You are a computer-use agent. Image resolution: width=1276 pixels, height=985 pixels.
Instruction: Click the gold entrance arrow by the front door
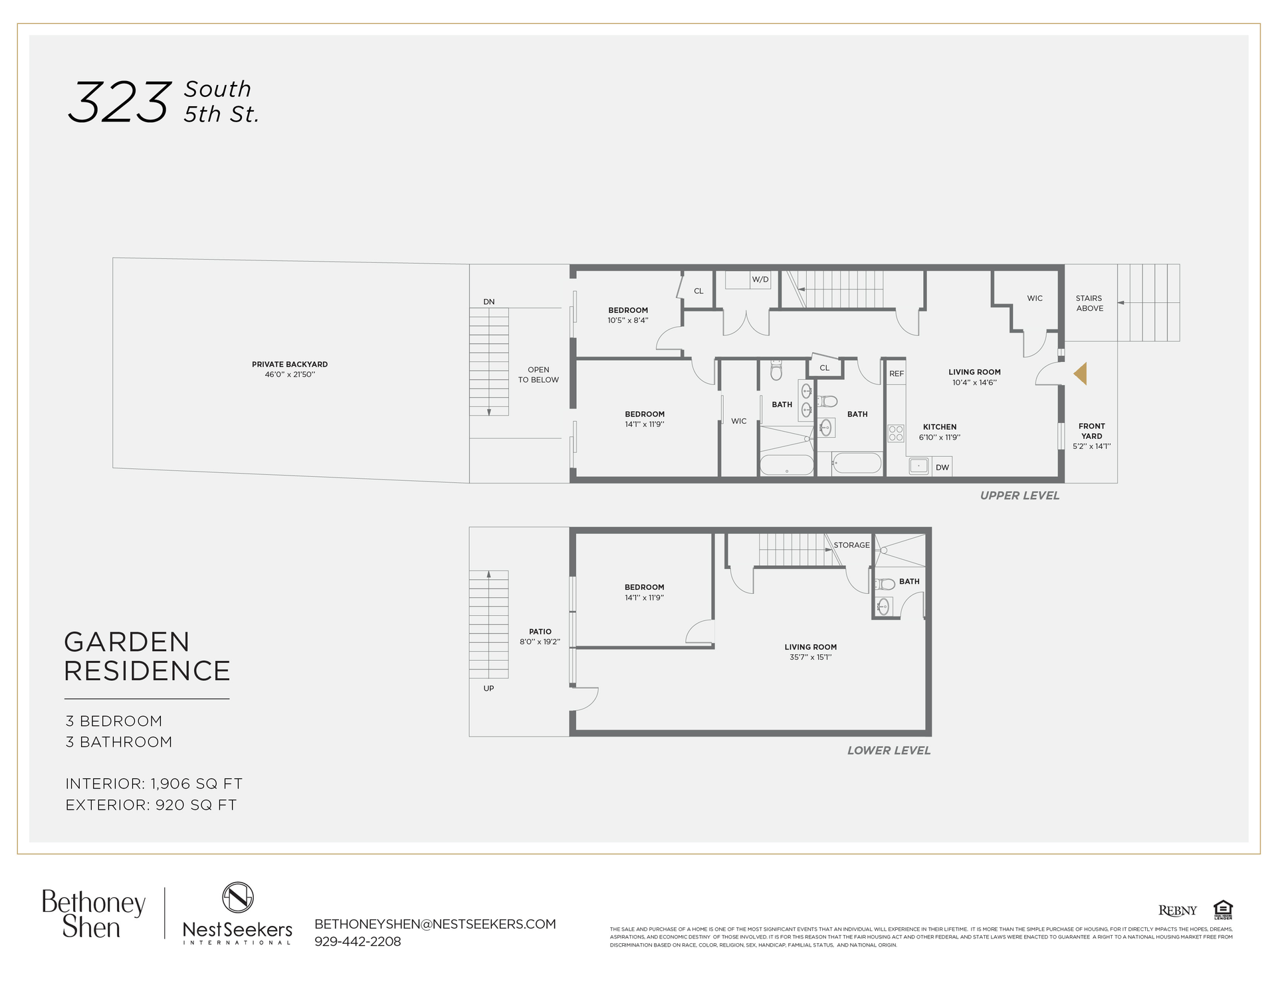pyautogui.click(x=1080, y=373)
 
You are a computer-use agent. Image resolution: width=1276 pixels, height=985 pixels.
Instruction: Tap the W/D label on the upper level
pyautogui.click(x=760, y=280)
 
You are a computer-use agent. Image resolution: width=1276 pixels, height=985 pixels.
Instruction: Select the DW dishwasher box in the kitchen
pyautogui.click(x=942, y=468)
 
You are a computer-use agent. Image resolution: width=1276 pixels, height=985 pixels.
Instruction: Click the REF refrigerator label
pyautogui.click(x=897, y=374)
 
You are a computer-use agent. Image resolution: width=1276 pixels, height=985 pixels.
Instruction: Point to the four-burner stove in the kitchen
pyautogui.click(x=896, y=433)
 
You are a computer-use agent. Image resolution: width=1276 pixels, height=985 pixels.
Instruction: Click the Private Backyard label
pyautogui.click(x=289, y=364)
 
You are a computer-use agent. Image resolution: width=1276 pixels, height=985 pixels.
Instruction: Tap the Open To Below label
pyautogui.click(x=538, y=375)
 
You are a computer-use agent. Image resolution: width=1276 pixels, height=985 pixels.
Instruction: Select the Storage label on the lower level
pyautogui.click(x=851, y=545)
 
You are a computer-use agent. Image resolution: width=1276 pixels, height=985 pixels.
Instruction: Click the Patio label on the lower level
pyautogui.click(x=540, y=632)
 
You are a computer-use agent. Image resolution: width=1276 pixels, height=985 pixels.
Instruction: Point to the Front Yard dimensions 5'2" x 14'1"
pyautogui.click(x=1091, y=446)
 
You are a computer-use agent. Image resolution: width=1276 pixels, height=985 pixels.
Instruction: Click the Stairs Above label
pyautogui.click(x=1089, y=304)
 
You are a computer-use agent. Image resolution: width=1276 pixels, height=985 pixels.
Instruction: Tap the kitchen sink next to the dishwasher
pyautogui.click(x=918, y=466)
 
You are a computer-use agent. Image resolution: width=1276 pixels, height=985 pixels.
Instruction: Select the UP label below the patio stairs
pyautogui.click(x=488, y=688)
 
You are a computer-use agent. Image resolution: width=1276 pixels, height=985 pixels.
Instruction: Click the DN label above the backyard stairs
pyautogui.click(x=488, y=302)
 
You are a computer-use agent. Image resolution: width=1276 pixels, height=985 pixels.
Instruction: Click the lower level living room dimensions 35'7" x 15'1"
pyautogui.click(x=810, y=658)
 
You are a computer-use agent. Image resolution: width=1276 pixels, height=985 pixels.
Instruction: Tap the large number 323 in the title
pyautogui.click(x=120, y=102)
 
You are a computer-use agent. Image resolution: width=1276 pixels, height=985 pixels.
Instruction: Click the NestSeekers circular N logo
pyautogui.click(x=237, y=897)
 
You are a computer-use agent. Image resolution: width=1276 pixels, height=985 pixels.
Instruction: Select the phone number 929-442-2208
pyautogui.click(x=358, y=942)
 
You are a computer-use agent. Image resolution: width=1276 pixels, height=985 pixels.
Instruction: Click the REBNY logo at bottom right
pyautogui.click(x=1177, y=911)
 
